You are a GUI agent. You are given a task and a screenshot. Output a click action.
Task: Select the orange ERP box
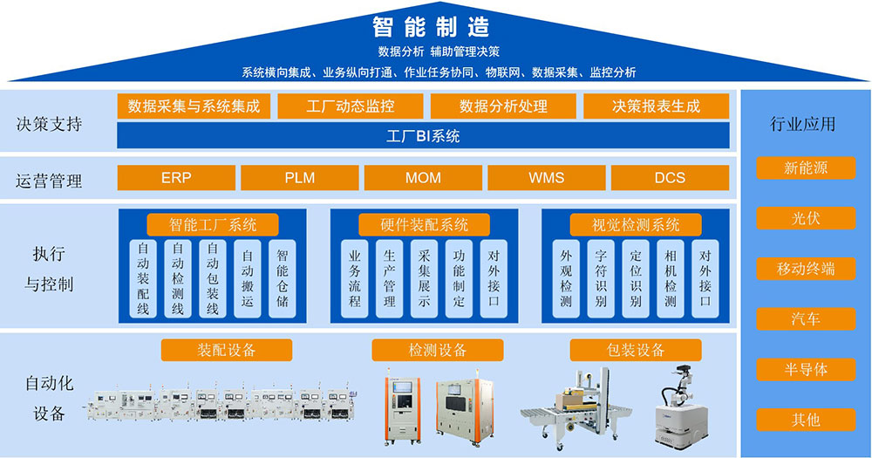tap(176, 177)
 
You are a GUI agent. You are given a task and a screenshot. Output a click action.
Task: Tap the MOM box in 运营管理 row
tap(423, 177)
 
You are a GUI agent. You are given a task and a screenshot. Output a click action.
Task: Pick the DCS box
tap(670, 177)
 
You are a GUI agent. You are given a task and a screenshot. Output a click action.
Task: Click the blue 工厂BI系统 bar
tap(423, 136)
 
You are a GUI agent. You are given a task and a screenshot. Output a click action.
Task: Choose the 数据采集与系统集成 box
tap(194, 106)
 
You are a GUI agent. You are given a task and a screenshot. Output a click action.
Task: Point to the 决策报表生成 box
tap(656, 106)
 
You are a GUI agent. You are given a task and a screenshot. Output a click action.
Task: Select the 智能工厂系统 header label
tap(213, 224)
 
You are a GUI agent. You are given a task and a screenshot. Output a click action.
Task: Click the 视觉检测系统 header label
tap(636, 224)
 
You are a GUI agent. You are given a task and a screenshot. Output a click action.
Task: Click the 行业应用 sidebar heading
tap(802, 123)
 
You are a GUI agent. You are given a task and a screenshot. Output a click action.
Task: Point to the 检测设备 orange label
tap(438, 350)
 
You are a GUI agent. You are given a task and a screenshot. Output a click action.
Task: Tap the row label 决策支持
tap(49, 123)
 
